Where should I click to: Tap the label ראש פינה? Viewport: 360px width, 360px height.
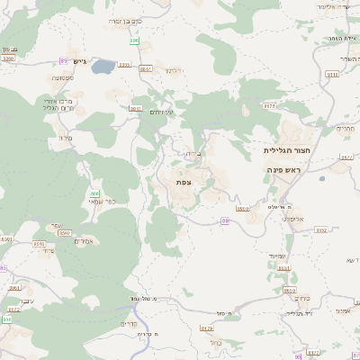(x=288, y=169)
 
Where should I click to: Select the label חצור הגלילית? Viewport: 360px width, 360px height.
(x=286, y=150)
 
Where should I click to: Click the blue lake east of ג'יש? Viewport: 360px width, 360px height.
(x=103, y=66)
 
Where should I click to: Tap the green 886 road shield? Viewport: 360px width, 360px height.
(x=134, y=40)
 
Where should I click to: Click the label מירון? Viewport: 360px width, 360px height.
(x=64, y=138)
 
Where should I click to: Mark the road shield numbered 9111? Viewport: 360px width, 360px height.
(x=332, y=75)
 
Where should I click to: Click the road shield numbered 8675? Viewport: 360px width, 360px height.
(x=269, y=105)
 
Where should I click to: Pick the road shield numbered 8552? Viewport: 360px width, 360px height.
(x=321, y=230)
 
